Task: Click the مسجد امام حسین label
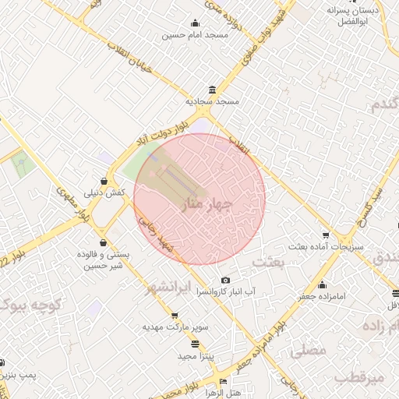point(195,35)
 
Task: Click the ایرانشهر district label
point(169,288)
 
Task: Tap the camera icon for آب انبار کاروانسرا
point(226,280)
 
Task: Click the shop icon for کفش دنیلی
point(104,181)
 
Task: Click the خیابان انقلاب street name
point(143,72)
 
